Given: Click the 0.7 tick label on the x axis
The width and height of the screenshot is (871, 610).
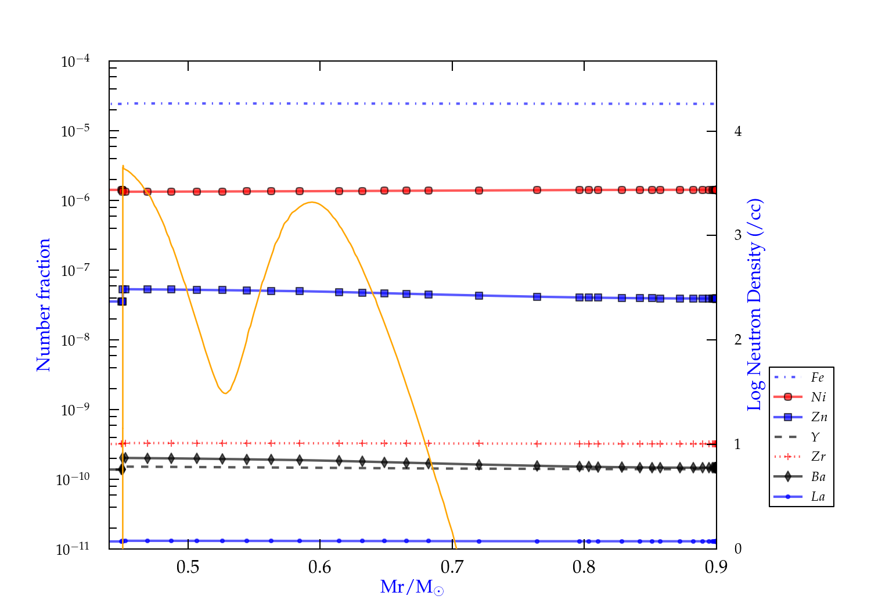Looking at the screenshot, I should point(452,567).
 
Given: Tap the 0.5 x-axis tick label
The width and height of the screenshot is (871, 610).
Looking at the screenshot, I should point(188,567).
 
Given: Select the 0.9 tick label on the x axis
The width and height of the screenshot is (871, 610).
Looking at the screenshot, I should point(716,567).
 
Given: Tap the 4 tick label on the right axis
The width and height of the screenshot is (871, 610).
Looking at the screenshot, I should point(738,131).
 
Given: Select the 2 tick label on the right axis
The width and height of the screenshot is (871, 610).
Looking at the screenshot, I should point(738,340).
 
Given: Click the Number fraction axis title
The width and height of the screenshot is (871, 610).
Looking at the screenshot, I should point(44,305).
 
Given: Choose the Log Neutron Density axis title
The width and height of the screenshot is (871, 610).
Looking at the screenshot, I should point(755,305).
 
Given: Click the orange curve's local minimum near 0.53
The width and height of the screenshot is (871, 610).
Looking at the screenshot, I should point(225,393).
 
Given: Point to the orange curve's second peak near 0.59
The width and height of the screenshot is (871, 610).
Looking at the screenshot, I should point(312,202).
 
